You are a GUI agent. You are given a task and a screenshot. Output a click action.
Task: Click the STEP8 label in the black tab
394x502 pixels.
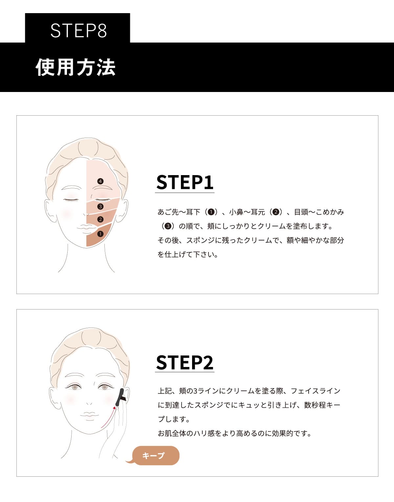(x=78, y=30)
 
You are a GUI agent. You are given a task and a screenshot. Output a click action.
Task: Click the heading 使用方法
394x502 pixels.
(x=76, y=67)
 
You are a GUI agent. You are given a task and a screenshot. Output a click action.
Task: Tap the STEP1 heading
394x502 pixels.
(x=185, y=182)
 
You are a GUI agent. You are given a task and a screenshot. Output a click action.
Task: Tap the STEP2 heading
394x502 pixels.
(x=185, y=362)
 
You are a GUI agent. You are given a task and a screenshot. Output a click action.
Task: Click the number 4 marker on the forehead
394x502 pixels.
(x=100, y=181)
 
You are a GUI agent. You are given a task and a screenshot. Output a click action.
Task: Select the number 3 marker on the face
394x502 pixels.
(x=100, y=207)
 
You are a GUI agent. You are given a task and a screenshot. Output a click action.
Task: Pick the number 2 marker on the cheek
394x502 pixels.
(x=100, y=219)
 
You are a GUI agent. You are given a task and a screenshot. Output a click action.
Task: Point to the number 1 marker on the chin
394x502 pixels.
(x=100, y=234)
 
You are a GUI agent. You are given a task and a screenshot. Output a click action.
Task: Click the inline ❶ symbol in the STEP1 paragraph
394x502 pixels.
(x=211, y=212)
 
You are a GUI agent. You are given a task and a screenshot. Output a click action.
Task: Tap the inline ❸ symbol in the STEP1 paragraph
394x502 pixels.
(x=168, y=226)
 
